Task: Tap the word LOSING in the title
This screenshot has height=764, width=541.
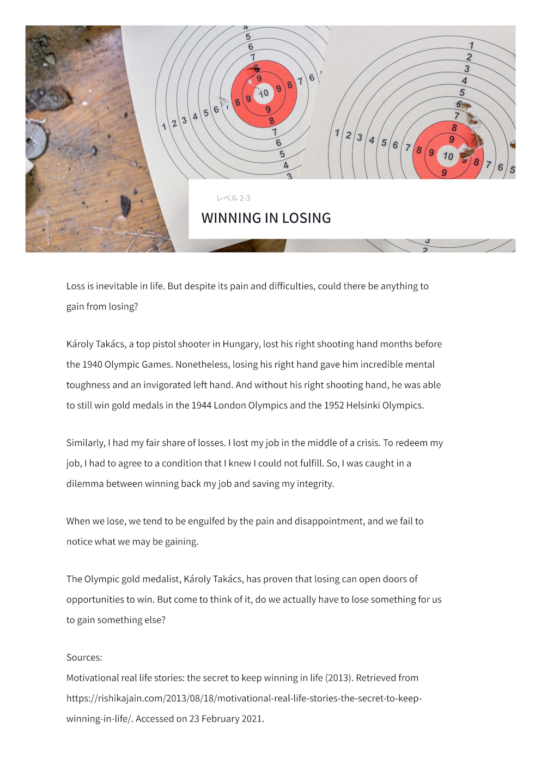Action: [306, 218]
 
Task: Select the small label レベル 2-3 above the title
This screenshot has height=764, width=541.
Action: [233, 198]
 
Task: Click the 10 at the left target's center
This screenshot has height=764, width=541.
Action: [264, 94]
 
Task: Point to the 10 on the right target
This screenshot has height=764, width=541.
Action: [448, 157]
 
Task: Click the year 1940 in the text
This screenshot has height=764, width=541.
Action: [93, 364]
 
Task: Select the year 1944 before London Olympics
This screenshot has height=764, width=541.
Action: [201, 405]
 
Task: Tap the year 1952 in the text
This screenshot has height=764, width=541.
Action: [335, 405]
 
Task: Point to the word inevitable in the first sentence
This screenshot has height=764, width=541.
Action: [117, 286]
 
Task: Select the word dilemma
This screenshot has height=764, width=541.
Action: [84, 484]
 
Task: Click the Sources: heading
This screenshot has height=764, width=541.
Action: [84, 657]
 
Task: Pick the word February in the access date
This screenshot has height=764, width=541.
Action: [220, 719]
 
